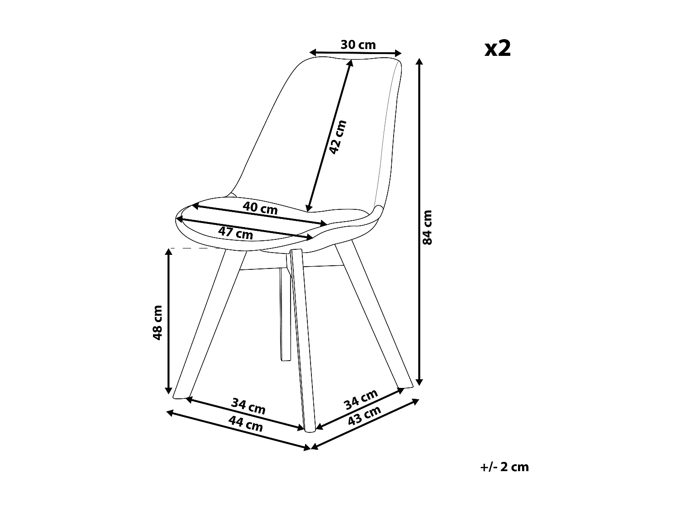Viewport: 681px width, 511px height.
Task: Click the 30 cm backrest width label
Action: (358, 45)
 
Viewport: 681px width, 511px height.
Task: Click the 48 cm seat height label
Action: (158, 322)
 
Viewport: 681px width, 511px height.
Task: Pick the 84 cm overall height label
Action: (427, 227)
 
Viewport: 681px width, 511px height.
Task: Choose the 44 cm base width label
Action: (245, 424)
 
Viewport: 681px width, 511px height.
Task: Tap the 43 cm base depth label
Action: (364, 416)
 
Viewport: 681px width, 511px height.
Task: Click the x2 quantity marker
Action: (498, 48)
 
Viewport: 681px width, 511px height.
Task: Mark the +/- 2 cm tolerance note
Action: (504, 466)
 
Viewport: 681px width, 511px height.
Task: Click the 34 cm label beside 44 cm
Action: (248, 405)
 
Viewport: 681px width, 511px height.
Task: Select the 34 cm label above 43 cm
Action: (360, 398)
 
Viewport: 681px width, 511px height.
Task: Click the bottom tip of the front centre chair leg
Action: (310, 429)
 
